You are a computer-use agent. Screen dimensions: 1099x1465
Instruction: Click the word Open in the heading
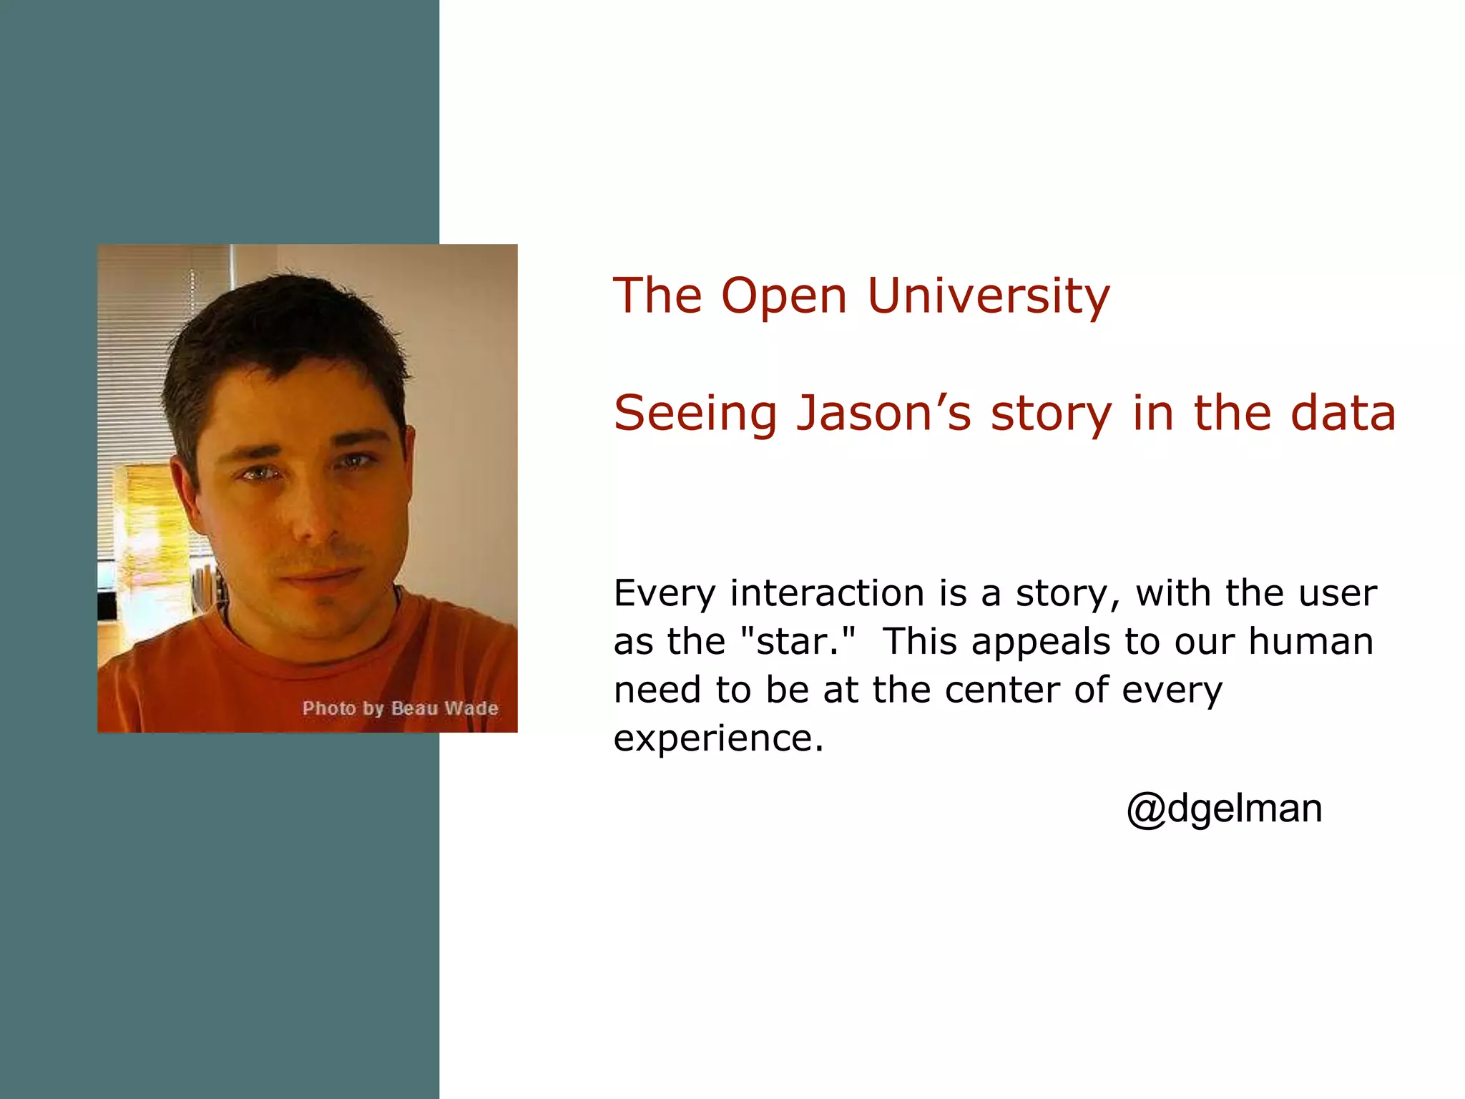[784, 296]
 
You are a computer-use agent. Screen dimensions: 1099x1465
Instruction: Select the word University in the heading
[989, 296]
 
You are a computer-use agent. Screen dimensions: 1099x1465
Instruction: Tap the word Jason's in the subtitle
[884, 414]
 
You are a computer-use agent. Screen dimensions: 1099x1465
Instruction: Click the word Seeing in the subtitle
[695, 414]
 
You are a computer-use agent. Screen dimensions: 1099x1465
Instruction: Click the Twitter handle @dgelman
[1224, 809]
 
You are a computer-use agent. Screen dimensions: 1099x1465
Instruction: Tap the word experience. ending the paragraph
[718, 738]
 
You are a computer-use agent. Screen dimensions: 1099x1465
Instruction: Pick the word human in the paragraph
[1310, 641]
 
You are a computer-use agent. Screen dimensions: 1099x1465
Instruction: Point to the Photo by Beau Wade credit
[400, 708]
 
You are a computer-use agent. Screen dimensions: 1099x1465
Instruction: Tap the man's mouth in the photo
[319, 576]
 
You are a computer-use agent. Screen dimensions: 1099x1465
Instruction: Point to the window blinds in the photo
[136, 358]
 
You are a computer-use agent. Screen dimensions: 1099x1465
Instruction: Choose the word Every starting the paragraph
[664, 593]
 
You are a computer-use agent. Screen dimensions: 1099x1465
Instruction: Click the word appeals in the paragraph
[1048, 641]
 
